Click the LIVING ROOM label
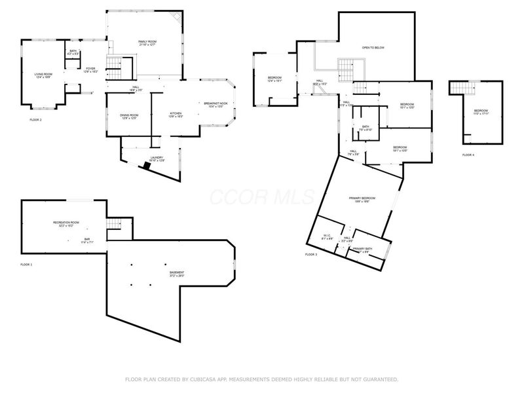(x=43, y=75)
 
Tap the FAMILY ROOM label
(x=147, y=42)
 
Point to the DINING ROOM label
(x=128, y=115)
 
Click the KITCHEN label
(x=176, y=113)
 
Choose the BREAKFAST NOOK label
(x=215, y=103)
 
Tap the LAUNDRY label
(x=156, y=157)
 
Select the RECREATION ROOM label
(x=66, y=223)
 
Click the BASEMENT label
(x=177, y=272)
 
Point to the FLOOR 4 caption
(x=468, y=155)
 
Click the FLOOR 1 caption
(x=26, y=265)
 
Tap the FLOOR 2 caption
(x=35, y=120)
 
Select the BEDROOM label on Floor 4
(x=481, y=111)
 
